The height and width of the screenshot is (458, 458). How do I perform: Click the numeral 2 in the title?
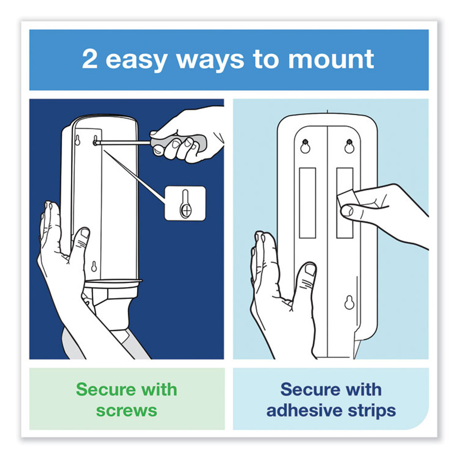(90, 60)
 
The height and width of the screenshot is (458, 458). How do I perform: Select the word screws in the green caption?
(126, 410)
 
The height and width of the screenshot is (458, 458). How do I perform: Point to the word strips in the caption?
(372, 411)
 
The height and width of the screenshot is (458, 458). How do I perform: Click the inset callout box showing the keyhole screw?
(185, 203)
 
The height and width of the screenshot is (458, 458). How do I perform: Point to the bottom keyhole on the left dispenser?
(93, 266)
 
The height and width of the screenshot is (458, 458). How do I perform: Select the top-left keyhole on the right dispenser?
(305, 146)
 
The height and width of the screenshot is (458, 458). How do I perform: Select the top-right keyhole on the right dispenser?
(349, 146)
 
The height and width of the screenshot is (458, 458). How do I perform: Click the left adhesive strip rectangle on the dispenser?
(307, 202)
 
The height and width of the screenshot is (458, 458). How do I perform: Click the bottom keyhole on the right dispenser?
(349, 302)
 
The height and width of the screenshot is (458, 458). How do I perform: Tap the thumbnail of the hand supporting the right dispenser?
(310, 272)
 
